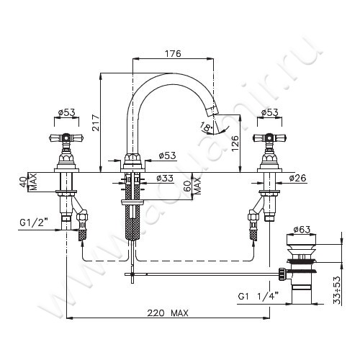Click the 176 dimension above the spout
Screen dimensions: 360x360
pos(173,53)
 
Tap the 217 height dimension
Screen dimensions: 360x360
pos(96,122)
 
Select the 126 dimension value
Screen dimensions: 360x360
pos(235,143)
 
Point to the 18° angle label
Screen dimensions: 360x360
pos(206,127)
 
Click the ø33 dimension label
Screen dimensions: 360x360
pos(165,178)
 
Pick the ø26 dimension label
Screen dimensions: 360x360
pos(297,178)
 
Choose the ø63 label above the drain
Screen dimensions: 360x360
pos(302,230)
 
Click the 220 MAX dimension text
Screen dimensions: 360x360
pos(168,313)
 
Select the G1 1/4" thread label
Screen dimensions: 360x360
pos(258,296)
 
